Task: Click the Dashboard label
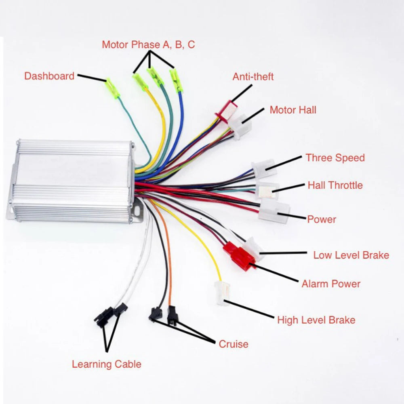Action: (49, 76)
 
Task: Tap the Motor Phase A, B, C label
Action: (148, 44)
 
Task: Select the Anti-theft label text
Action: (253, 77)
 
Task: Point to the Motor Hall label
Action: (293, 110)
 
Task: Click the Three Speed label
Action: (335, 158)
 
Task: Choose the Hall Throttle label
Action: (335, 185)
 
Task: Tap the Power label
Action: (322, 219)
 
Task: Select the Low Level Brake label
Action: (351, 255)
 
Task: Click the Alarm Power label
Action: (331, 284)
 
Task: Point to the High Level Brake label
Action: (316, 320)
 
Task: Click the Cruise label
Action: (234, 344)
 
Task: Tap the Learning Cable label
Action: (107, 364)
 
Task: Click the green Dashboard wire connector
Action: (112, 88)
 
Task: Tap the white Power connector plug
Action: (274, 210)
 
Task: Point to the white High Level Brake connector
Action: (221, 292)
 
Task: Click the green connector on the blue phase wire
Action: (176, 80)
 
